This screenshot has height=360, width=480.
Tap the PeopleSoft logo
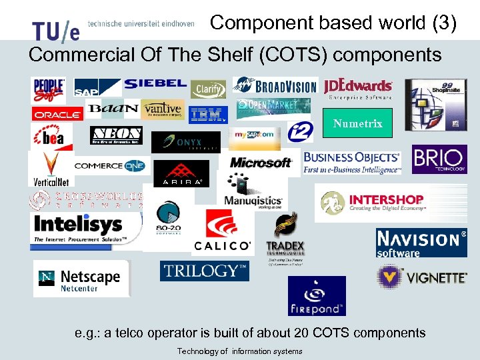49,90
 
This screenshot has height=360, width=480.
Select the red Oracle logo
57,115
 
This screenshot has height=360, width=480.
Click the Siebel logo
155,84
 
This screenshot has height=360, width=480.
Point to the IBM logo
207,115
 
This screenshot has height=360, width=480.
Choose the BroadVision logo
275,86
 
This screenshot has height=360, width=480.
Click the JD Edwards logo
358,89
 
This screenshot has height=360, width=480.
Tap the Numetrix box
357,123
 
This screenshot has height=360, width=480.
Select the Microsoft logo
260,162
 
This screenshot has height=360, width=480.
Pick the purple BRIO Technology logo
439,159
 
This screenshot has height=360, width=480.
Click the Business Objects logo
352,162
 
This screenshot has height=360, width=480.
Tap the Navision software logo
421,243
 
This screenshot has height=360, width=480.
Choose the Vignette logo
421,276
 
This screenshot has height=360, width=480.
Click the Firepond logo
317,295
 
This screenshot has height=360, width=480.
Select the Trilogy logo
205,271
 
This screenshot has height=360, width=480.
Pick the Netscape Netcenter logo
81,279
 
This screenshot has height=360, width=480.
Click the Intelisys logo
85,229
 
